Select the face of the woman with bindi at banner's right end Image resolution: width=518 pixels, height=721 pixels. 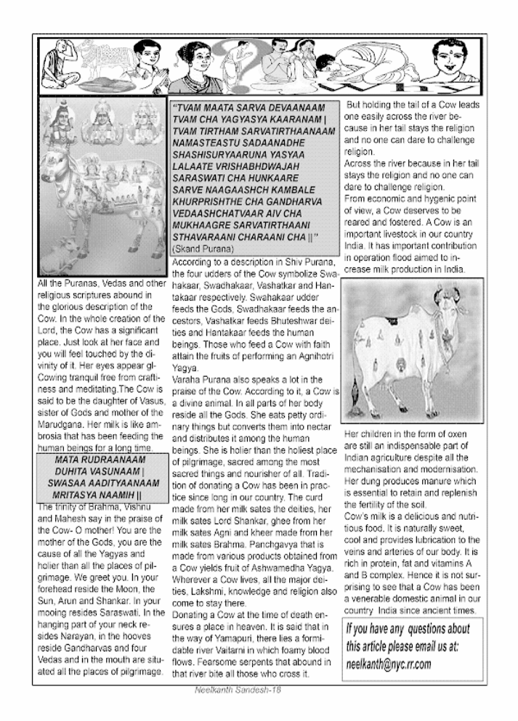(458, 62)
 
